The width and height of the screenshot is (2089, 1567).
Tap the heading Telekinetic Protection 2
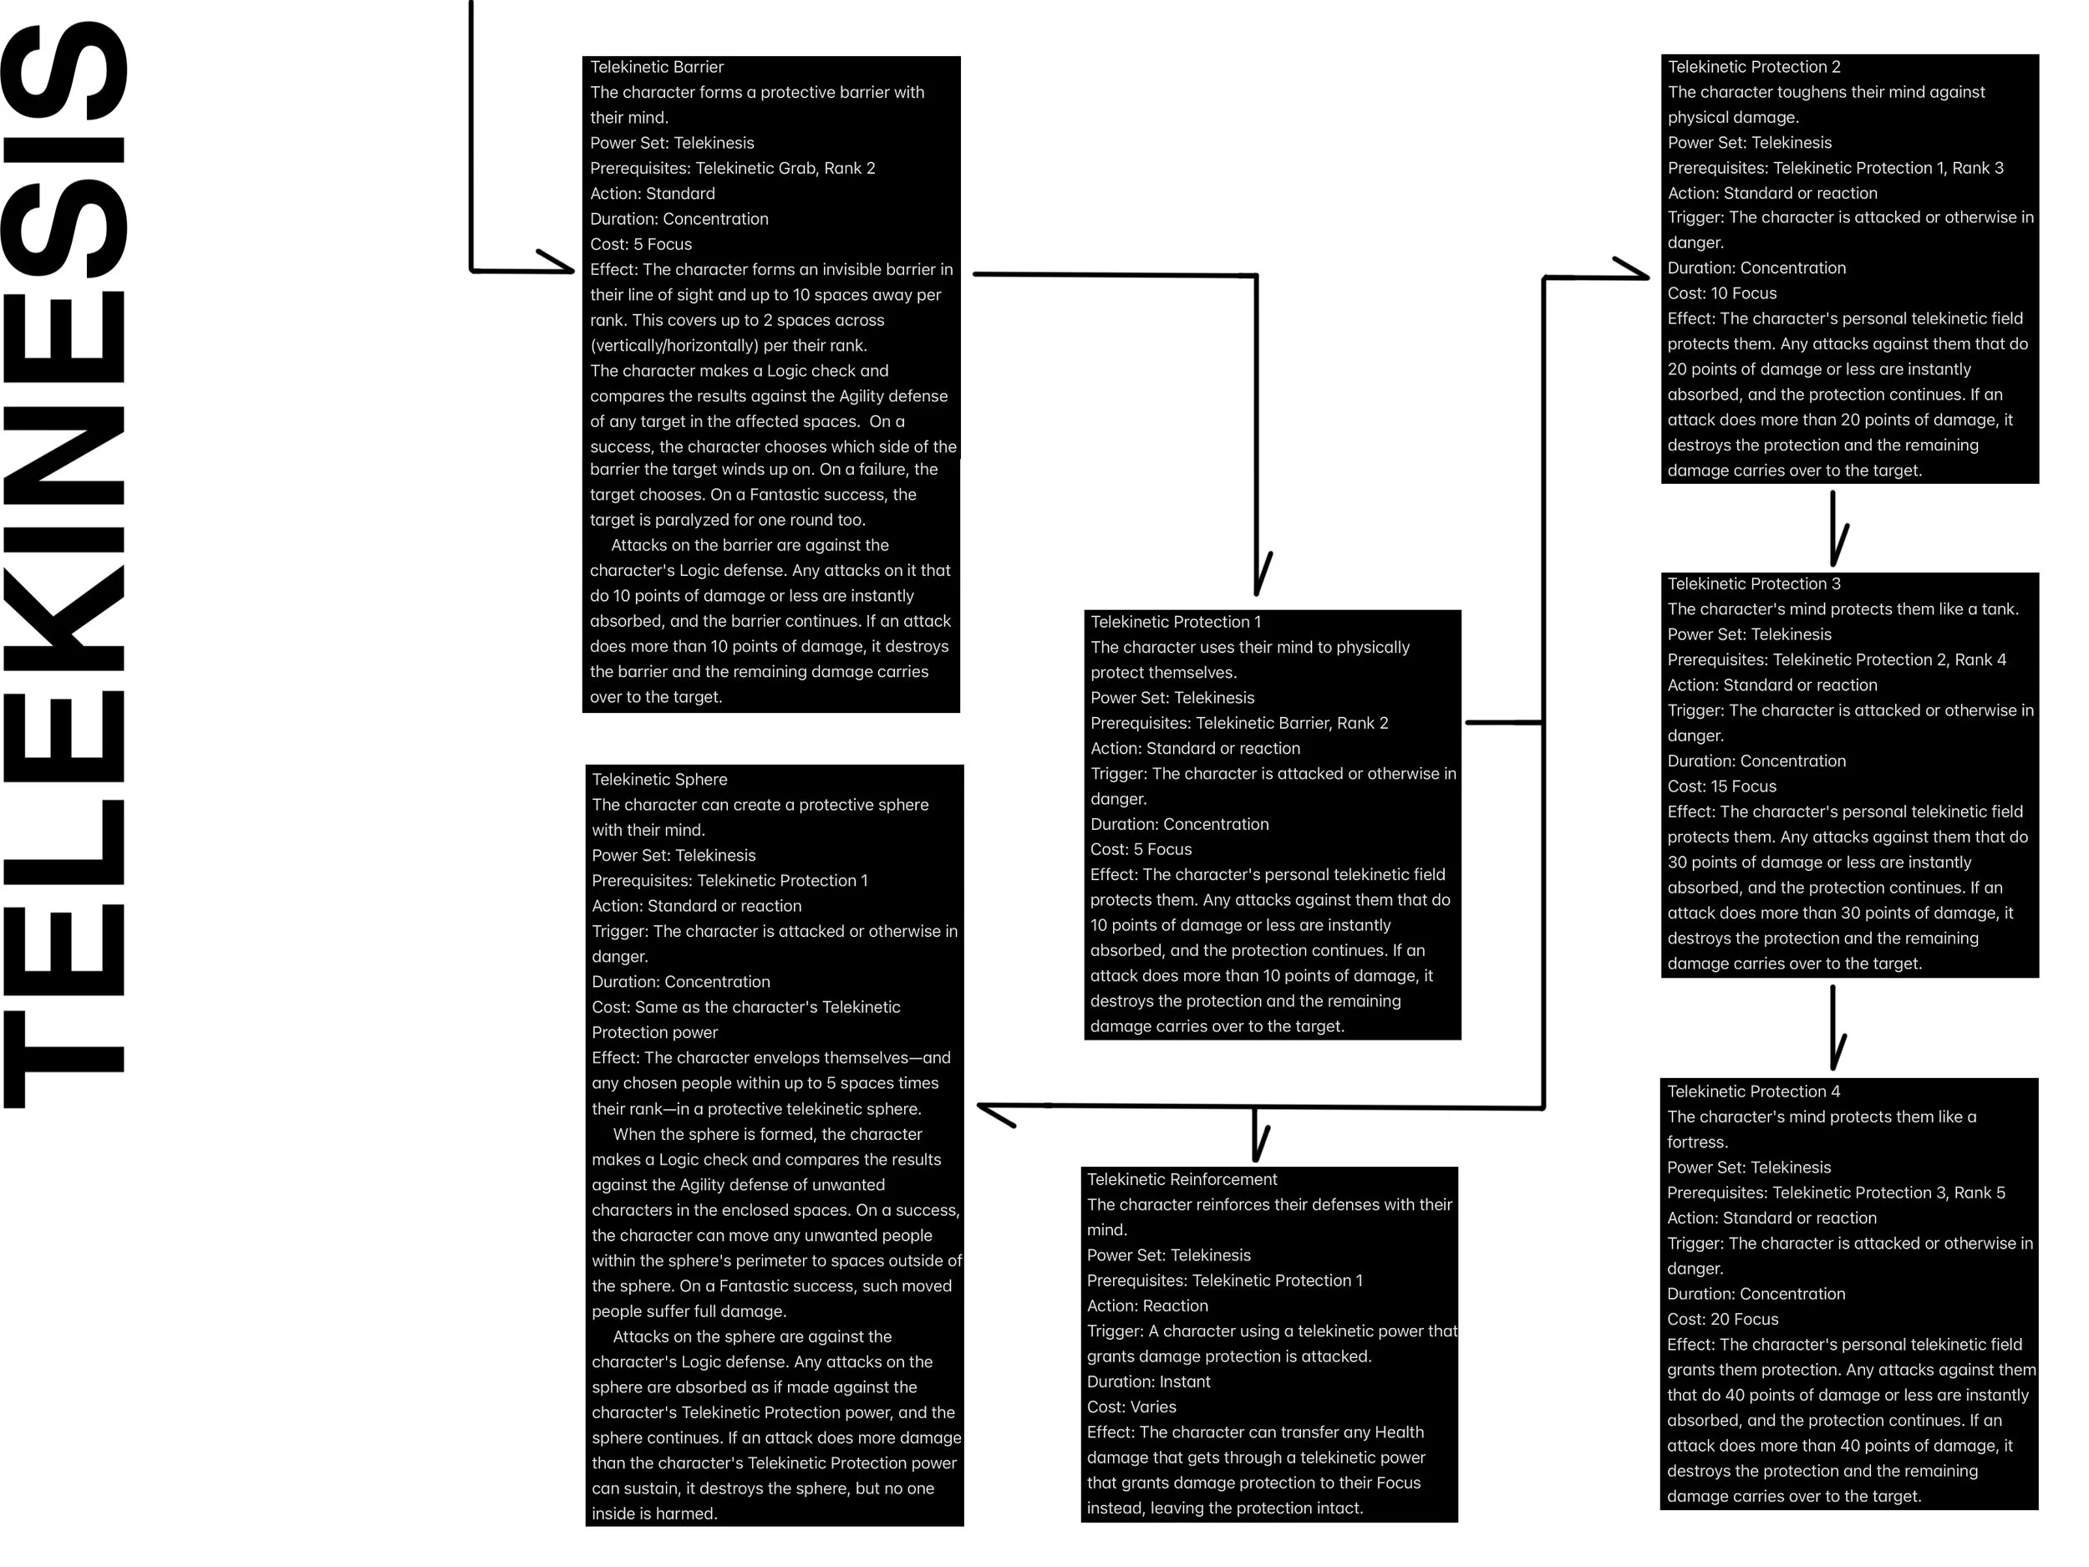pyautogui.click(x=1754, y=67)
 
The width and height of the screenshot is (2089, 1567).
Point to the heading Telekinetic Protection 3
pyautogui.click(x=1754, y=583)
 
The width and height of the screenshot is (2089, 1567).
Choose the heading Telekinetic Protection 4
pyautogui.click(x=1753, y=1091)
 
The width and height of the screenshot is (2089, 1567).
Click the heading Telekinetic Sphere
pyautogui.click(x=659, y=779)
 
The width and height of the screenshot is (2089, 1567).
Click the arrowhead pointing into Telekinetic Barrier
pyautogui.click(x=562, y=268)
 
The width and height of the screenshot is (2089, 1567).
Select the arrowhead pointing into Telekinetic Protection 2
pyautogui.click(x=1638, y=275)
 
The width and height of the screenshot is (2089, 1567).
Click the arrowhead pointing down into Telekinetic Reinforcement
pyautogui.click(x=1256, y=1147)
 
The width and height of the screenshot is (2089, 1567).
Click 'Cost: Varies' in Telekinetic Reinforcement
pyautogui.click(x=1131, y=1407)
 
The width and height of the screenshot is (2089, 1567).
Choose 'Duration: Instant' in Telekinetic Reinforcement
pyautogui.click(x=1148, y=1381)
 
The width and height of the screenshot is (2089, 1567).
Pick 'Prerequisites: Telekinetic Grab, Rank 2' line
pyautogui.click(x=732, y=168)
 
